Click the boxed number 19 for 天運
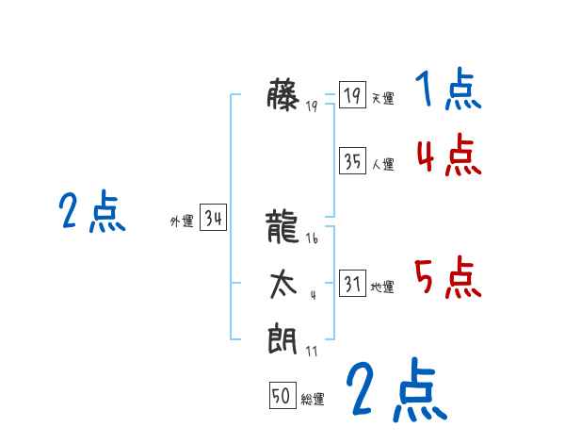(352, 96)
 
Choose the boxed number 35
(352, 161)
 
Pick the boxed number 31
(352, 284)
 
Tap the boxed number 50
(282, 397)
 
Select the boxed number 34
(213, 219)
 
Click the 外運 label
(182, 221)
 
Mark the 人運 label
(382, 164)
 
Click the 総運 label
(313, 400)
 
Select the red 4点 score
(448, 156)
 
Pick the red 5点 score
(448, 277)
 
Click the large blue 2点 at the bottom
(395, 390)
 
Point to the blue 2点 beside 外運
(92, 211)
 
